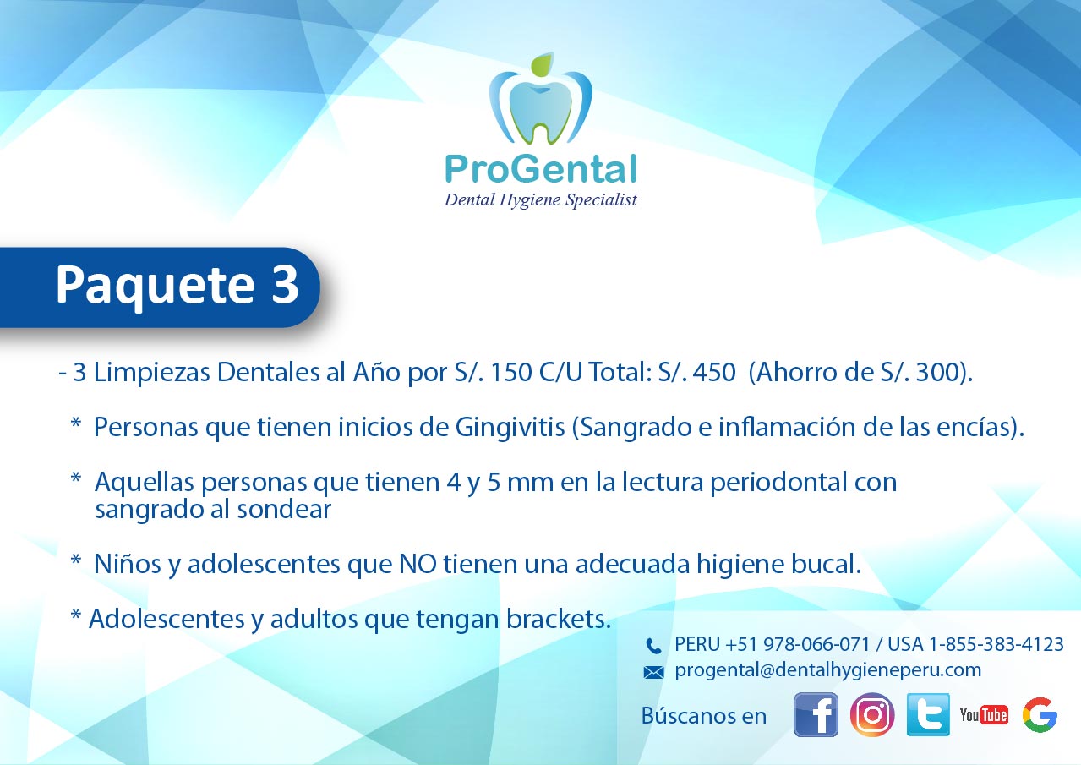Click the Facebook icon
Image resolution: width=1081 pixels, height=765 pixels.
tap(816, 714)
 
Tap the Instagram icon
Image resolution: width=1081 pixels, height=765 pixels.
tap(872, 714)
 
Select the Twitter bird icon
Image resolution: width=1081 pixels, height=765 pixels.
tap(928, 714)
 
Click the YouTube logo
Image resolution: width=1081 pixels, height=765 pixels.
tap(984, 715)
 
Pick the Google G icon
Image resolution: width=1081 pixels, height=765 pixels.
tap(1040, 715)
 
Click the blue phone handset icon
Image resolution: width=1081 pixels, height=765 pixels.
tap(653, 646)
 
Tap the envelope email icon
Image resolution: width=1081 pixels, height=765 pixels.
tap(653, 672)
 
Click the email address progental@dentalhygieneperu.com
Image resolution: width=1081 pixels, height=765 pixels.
tap(828, 671)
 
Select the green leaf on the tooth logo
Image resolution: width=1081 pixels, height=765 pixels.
tap(542, 64)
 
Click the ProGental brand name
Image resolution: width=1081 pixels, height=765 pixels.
tap(541, 169)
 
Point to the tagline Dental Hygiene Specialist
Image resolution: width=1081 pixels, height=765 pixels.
tap(541, 199)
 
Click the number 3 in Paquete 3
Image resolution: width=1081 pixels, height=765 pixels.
tap(285, 284)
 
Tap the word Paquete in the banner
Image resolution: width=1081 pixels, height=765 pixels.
tap(155, 287)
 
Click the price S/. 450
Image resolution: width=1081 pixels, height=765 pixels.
tap(696, 372)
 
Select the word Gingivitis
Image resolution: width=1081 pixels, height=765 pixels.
tap(510, 428)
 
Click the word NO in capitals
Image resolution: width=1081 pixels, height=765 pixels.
tap(418, 564)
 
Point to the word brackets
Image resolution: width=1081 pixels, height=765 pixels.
tap(559, 619)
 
